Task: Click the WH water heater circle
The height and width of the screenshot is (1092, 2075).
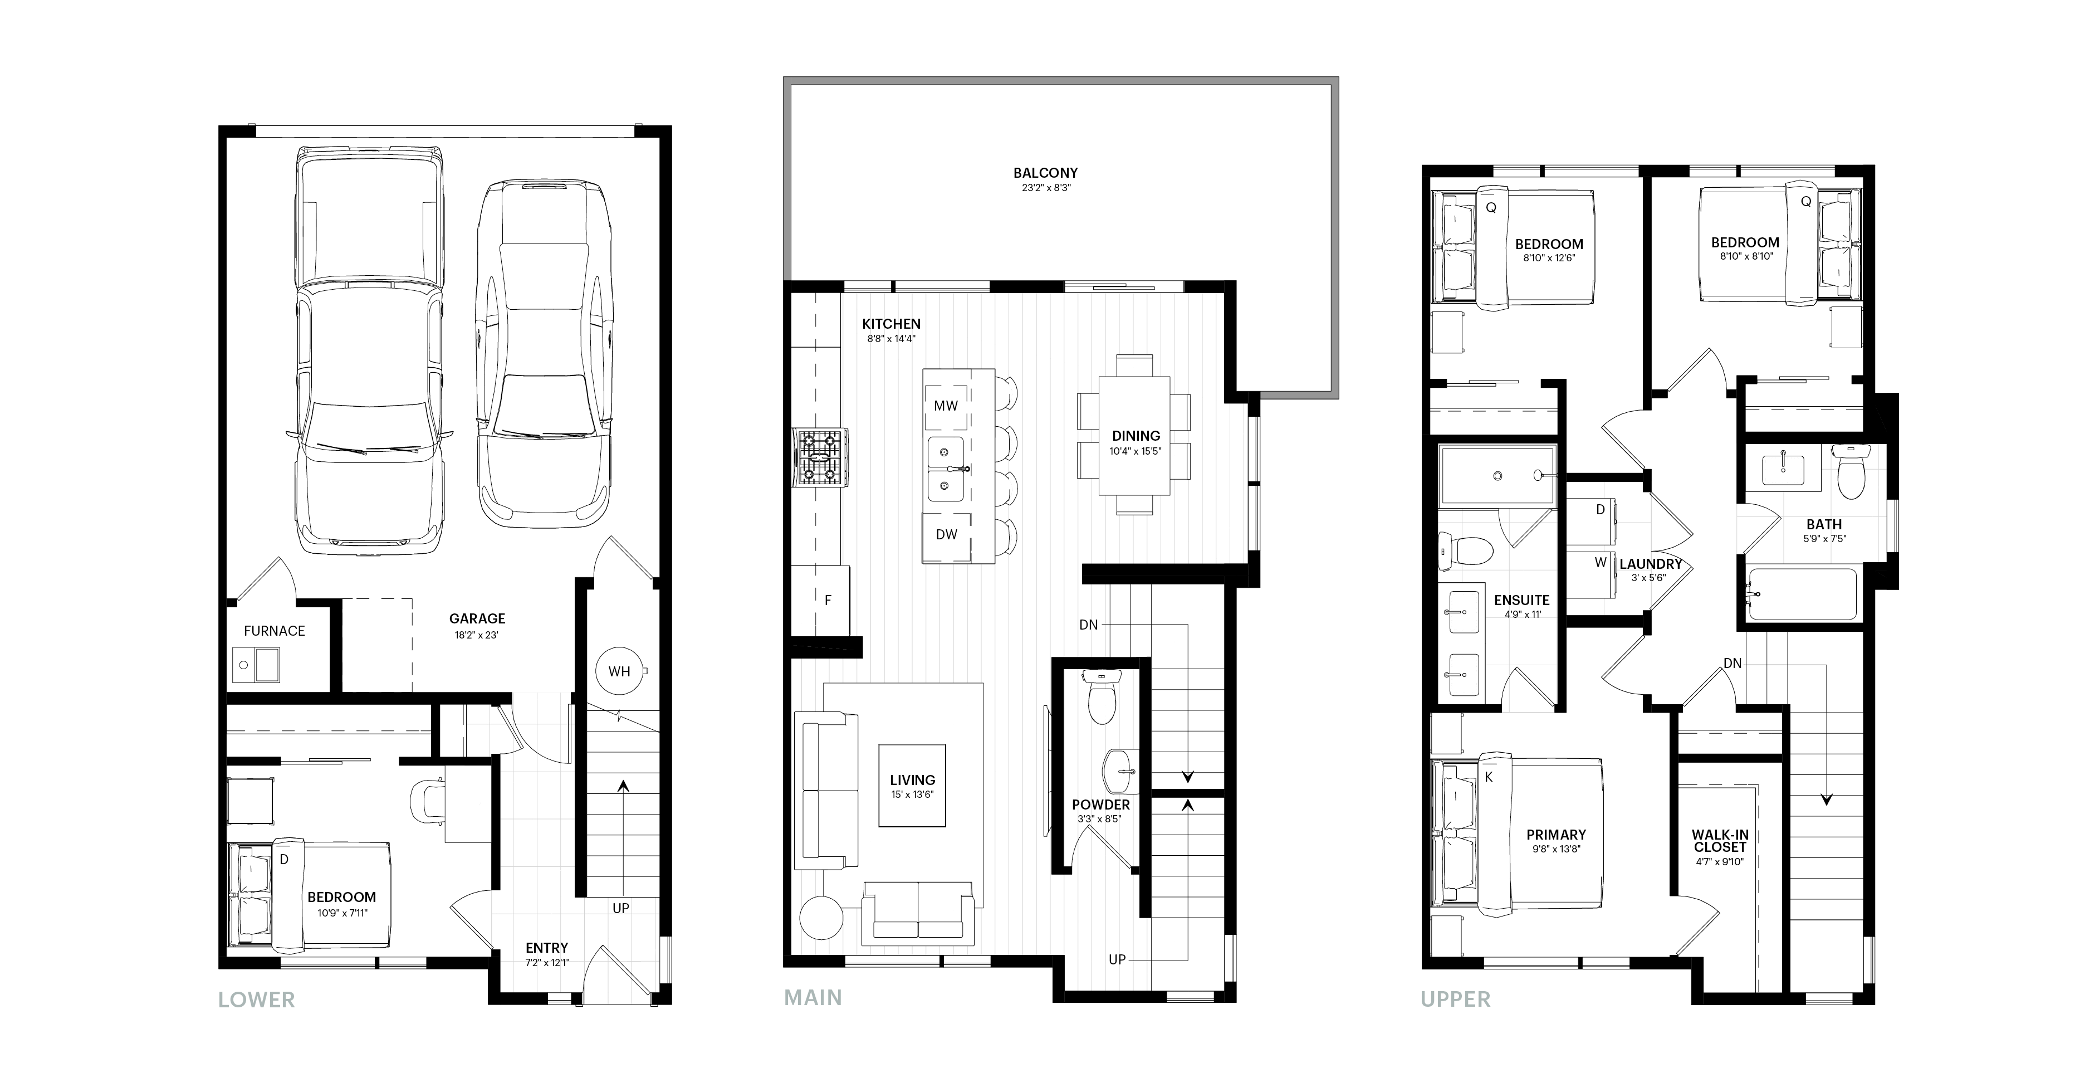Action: [x=619, y=670]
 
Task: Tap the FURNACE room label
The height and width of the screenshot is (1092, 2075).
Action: [x=275, y=631]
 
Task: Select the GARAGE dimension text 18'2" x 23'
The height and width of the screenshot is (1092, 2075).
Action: [x=477, y=635]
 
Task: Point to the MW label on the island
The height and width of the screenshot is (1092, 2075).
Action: [x=946, y=406]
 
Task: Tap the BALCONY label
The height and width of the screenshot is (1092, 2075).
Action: [x=1045, y=173]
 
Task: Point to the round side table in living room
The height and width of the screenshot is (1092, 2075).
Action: [x=821, y=917]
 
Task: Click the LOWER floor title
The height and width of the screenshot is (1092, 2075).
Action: [x=257, y=1000]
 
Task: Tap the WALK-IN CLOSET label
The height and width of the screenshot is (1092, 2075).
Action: [x=1720, y=841]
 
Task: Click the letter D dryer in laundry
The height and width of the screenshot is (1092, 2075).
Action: [x=1601, y=509]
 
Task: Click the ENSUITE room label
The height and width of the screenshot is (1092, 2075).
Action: [x=1521, y=601]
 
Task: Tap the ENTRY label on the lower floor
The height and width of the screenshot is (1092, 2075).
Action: [x=547, y=948]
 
